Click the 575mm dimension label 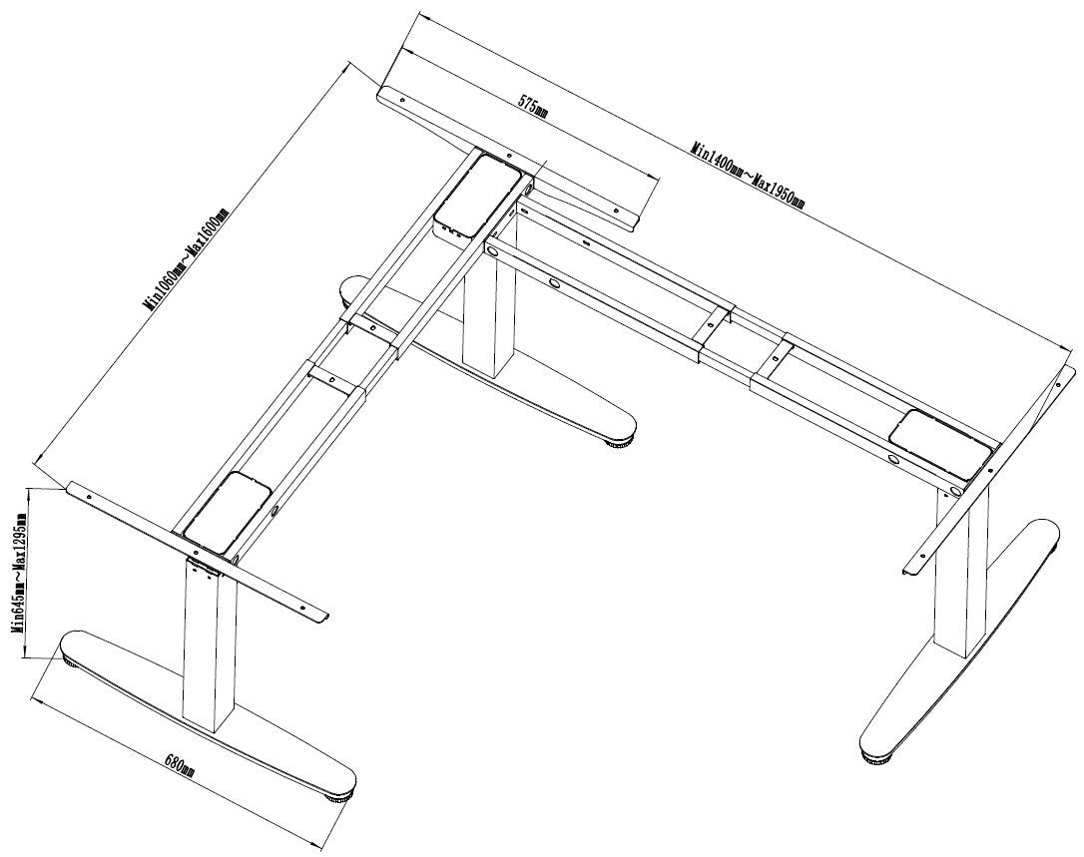point(532,108)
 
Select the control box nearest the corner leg point(476,190)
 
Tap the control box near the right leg point(939,442)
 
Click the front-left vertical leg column point(209,648)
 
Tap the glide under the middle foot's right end point(619,443)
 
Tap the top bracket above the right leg point(983,469)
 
